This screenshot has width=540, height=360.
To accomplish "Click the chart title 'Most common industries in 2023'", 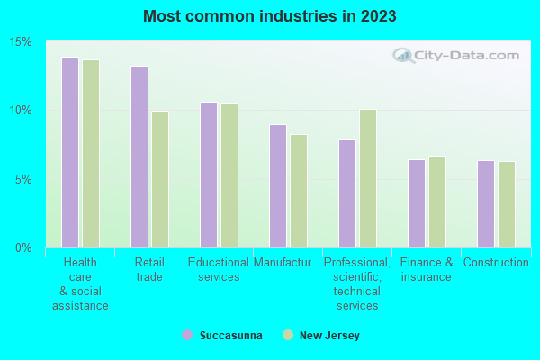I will click(269, 16).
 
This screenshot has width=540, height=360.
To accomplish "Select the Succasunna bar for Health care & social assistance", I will click(70, 152).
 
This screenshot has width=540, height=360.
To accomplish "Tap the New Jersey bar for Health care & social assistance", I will click(91, 154).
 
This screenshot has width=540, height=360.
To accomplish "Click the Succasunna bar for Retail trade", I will click(139, 157).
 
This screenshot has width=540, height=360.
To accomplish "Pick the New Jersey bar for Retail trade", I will click(160, 179).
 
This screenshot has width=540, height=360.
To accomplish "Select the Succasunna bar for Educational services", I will click(209, 175).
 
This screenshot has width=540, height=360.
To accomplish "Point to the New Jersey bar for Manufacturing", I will click(299, 191).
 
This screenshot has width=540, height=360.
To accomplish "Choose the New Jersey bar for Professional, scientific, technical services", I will click(368, 178).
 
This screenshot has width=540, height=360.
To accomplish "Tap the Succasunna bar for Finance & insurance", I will click(417, 203).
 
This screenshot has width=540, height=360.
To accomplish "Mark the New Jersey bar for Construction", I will click(507, 204).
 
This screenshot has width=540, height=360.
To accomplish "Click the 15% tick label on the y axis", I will click(22, 42).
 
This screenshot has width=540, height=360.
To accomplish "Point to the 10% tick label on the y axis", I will click(22, 111).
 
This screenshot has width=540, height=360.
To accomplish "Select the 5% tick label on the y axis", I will click(24, 179).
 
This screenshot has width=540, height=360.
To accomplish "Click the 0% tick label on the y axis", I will click(24, 247).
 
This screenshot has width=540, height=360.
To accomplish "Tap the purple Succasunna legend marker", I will click(187, 335).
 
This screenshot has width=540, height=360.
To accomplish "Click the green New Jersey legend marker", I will click(288, 335).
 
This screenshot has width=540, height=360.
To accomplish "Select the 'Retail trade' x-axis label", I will click(149, 270).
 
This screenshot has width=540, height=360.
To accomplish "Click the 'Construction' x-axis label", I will click(496, 263).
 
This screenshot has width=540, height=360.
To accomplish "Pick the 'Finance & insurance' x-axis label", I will click(427, 270).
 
